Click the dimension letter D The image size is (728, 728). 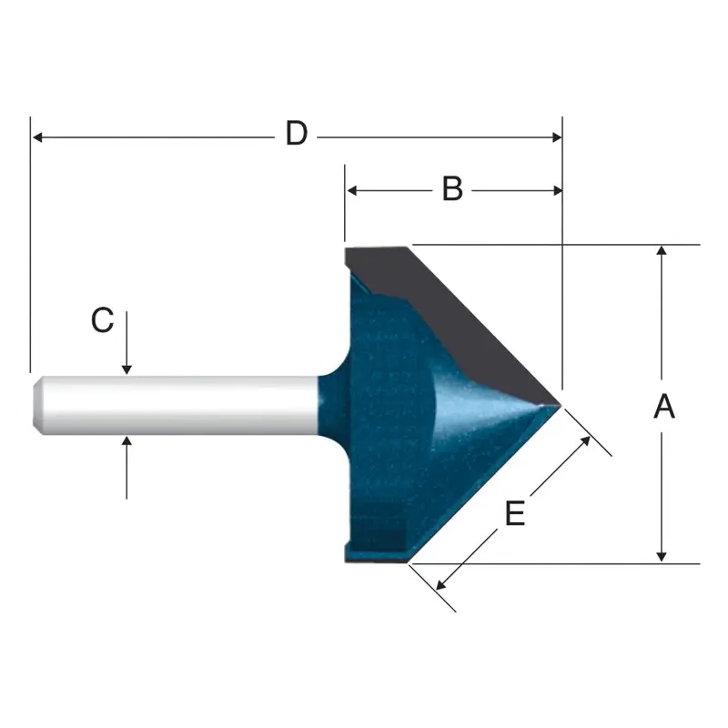pos(296,135)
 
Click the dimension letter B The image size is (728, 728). pos(452,189)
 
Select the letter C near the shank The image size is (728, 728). pos(102,319)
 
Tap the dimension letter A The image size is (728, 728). pos(664,406)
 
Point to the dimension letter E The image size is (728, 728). pos(515,515)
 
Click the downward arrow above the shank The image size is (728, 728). pos(127,368)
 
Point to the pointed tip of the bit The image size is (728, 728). pos(559,402)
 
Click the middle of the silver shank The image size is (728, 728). pos(173,404)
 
